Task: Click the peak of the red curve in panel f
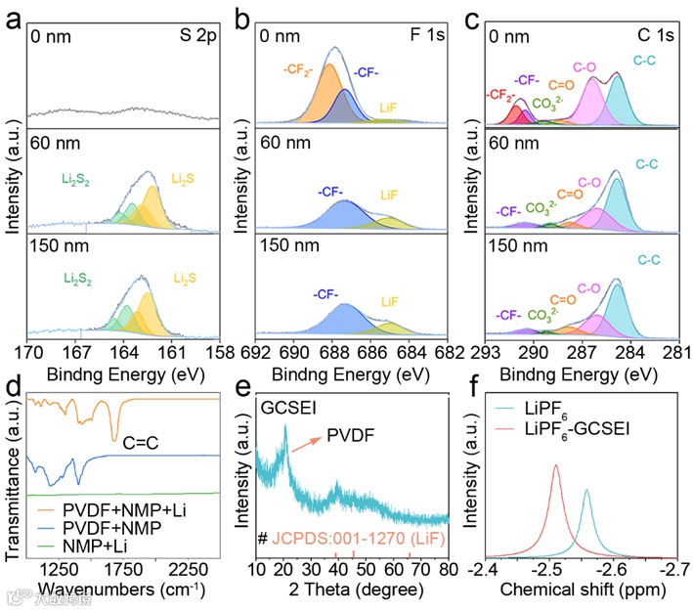556,467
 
